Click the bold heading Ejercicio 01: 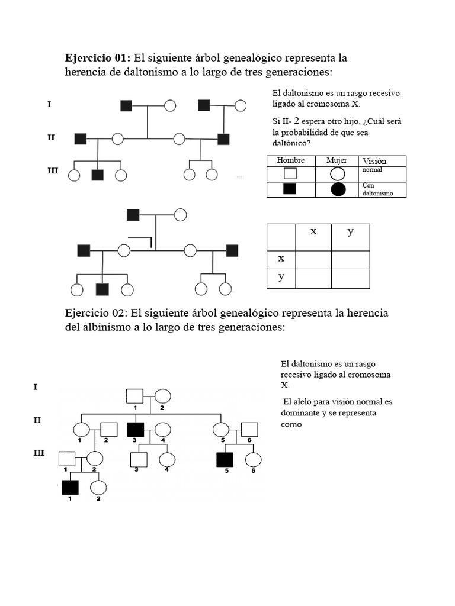pos(97,58)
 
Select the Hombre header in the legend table pos(290,160)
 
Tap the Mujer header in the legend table pos(337,160)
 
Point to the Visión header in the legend pos(374,161)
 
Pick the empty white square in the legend pos(290,174)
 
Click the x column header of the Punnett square pos(313,231)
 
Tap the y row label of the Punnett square pos(281,277)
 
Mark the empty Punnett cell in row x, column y pos(350,259)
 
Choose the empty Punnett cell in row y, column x pos(313,278)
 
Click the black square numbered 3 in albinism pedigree pos(136,430)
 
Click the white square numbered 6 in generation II pos(249,430)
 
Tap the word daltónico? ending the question pos(291,143)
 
